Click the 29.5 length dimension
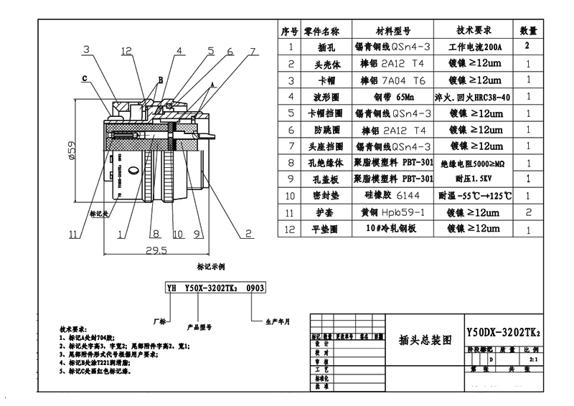coord(156,250)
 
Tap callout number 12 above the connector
coord(127,51)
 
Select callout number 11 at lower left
coord(74,233)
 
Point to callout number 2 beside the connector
coord(248,233)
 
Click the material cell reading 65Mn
coord(393,96)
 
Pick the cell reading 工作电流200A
coord(474,47)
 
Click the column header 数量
coord(528,31)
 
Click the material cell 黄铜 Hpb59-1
coord(393,212)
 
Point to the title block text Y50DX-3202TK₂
coord(503,334)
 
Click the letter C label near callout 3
coord(85,78)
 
